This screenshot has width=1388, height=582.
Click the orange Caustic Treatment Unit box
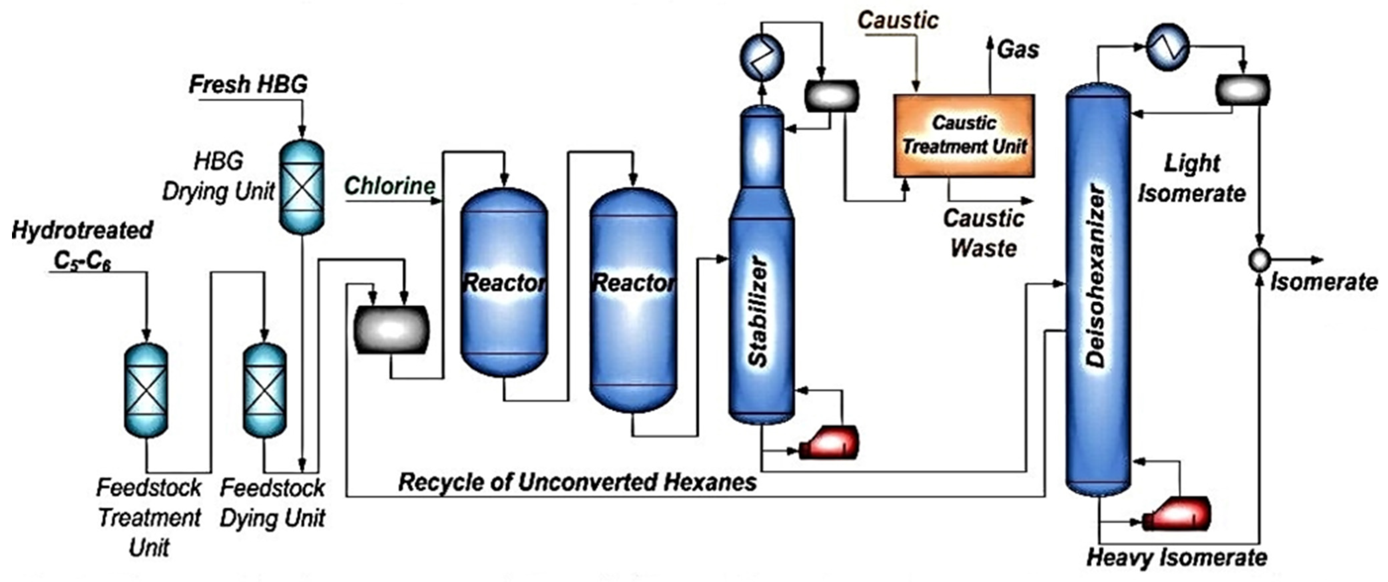[964, 136]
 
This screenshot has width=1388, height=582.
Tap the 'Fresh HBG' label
[248, 85]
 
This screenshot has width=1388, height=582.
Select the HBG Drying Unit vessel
[302, 187]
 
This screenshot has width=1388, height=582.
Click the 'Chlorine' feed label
[389, 186]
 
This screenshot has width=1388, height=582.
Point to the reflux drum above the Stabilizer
[831, 96]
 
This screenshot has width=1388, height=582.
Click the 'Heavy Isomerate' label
[1177, 558]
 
